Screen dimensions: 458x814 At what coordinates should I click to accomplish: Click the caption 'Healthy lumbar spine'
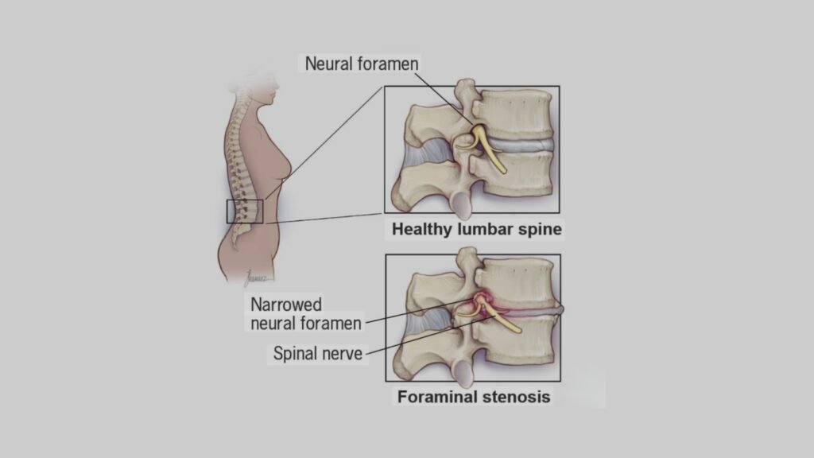477,231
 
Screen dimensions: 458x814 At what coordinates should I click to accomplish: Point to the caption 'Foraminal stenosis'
471,396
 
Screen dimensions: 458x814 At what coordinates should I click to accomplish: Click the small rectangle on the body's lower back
242,211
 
